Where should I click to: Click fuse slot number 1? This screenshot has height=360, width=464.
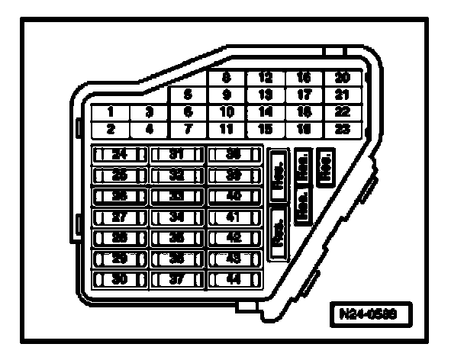point(111,111)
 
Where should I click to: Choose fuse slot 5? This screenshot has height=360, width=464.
point(187,95)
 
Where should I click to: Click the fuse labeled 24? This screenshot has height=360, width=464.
point(118,154)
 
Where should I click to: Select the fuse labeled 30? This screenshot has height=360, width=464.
point(118,279)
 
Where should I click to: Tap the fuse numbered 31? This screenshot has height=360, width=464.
point(176,154)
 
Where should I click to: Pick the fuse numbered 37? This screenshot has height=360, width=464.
point(176,279)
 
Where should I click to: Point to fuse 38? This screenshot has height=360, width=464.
point(234,154)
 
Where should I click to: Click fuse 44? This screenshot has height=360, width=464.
point(234,279)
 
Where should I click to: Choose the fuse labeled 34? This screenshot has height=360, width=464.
point(176,217)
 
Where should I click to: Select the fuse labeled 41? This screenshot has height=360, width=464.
point(234,217)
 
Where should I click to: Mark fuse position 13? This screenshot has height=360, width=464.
point(265,95)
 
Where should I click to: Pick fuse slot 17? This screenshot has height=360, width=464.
point(304,95)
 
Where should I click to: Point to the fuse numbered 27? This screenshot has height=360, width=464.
point(118,217)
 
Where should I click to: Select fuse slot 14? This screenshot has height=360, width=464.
point(265,111)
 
